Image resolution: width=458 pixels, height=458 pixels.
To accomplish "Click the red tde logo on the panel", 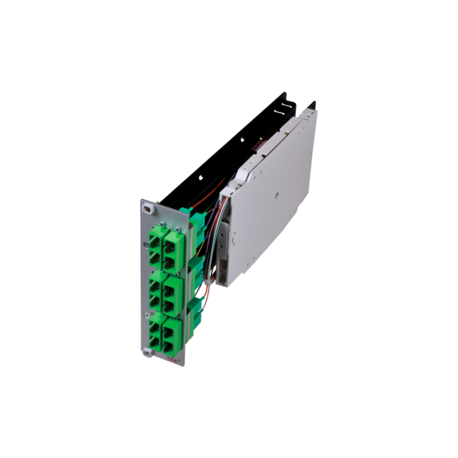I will click(175, 359).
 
